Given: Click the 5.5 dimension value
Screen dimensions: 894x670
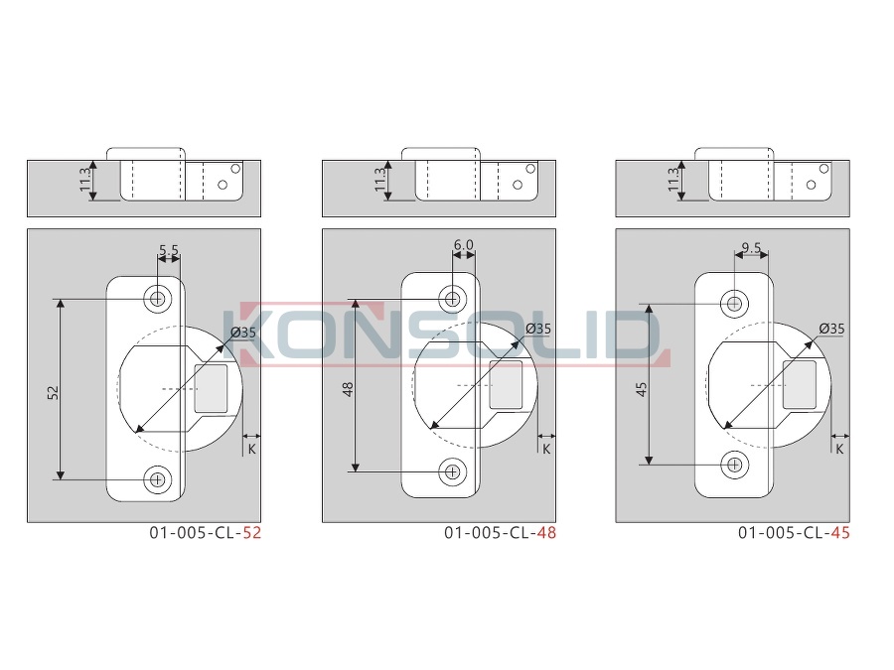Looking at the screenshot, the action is [169, 250].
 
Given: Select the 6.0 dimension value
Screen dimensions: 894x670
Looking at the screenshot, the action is [464, 245].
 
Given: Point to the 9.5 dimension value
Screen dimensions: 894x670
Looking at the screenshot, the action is [752, 248].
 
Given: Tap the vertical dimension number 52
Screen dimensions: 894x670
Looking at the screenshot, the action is [53, 392].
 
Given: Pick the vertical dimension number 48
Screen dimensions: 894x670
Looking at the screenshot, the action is [348, 389].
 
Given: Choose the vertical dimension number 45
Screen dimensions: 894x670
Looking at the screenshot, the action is [642, 390].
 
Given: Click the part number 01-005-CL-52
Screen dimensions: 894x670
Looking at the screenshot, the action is [206, 533].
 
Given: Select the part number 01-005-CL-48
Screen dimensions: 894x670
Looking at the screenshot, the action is [500, 533].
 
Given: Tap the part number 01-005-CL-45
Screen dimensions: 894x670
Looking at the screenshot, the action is [794, 533].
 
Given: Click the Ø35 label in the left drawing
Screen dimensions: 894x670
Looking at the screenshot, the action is [243, 333].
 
